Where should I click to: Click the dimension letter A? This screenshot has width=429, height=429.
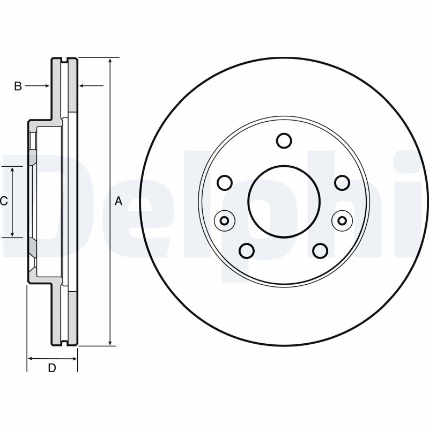(x=119, y=202)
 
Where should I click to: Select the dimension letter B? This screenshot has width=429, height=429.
(x=18, y=86)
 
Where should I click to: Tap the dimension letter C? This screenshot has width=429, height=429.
(x=3, y=202)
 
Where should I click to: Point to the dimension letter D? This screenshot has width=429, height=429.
(x=52, y=368)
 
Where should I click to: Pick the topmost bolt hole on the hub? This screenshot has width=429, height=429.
(x=284, y=140)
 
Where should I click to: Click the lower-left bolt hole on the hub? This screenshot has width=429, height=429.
(x=247, y=250)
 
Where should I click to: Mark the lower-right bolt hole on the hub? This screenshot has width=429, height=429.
(x=320, y=250)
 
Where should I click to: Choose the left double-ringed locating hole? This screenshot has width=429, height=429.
(x=224, y=220)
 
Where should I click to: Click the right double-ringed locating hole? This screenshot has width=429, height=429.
(x=342, y=220)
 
